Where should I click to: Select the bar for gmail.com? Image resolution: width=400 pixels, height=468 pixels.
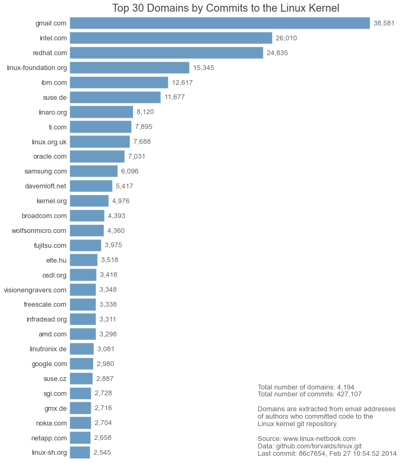pos(219,23)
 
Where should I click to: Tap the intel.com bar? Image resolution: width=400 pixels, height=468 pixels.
pos(171,38)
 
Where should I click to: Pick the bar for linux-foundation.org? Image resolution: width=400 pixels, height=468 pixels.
pos(129,67)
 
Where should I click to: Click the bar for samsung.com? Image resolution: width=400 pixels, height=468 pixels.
pos(93,171)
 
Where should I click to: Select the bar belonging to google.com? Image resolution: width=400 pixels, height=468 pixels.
pos(81,363)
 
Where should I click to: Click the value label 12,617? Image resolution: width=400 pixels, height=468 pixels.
pos(182,82)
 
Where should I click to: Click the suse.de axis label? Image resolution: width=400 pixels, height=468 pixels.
pos(55,97)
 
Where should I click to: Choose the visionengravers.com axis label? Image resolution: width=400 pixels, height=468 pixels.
pos(35,290)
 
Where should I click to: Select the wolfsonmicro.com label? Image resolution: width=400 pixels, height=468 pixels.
pos(39,230)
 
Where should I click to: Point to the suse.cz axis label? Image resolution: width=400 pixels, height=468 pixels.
pos(55,378)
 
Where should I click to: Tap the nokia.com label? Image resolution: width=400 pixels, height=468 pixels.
pos(52,423)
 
